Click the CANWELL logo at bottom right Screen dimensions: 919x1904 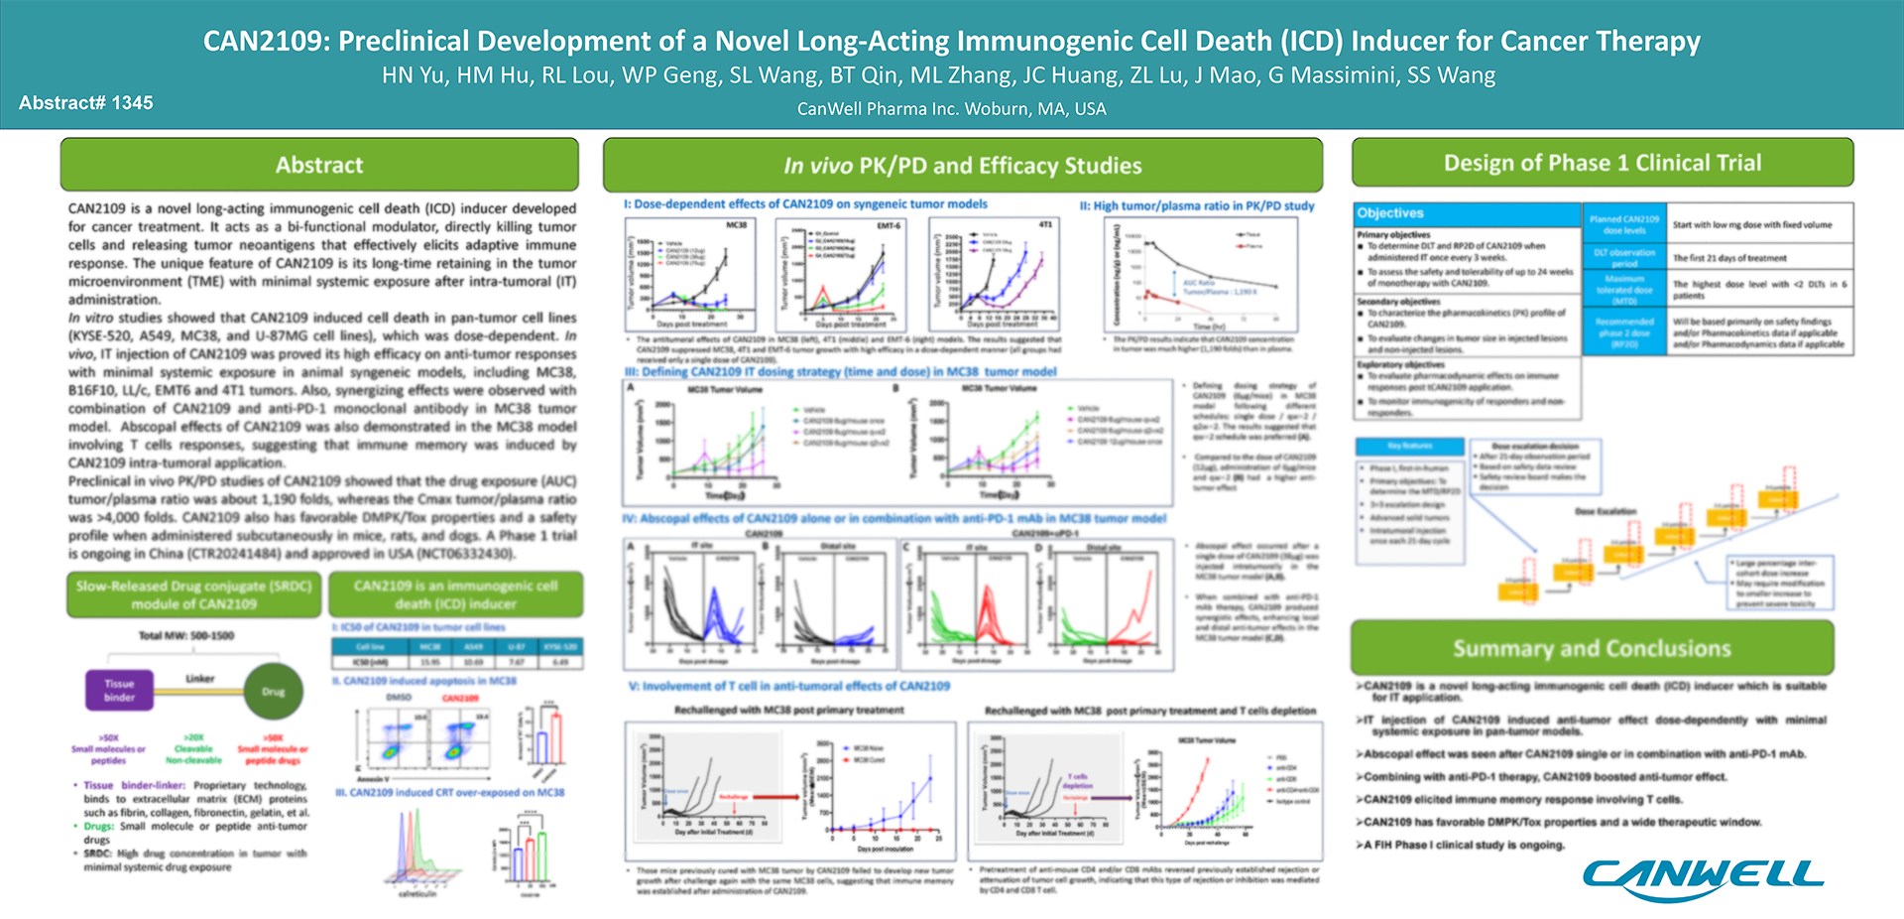[x=1703, y=876]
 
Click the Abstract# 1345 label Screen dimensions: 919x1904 [x=86, y=103]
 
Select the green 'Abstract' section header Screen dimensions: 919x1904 [x=319, y=165]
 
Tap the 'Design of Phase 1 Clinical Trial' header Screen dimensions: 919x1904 [x=1603, y=163]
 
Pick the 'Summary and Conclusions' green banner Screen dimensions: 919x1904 [x=1592, y=648]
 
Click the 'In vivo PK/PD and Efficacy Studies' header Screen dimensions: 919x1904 [x=962, y=166]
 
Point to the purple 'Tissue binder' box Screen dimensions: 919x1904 [x=119, y=690]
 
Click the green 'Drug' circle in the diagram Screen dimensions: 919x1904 [x=273, y=692]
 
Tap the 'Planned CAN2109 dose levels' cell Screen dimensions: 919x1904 [x=1623, y=224]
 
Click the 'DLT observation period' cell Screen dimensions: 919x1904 [x=1623, y=258]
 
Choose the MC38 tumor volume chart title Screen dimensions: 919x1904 [x=736, y=225]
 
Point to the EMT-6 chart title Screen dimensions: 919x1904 [x=889, y=225]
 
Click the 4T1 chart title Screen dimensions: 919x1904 [x=1045, y=225]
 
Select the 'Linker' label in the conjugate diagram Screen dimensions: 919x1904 [x=199, y=679]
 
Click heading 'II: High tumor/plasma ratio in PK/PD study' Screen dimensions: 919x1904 [x=1197, y=206]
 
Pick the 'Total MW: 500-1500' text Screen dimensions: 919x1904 [x=186, y=635]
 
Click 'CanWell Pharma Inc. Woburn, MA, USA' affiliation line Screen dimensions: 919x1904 [x=951, y=109]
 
